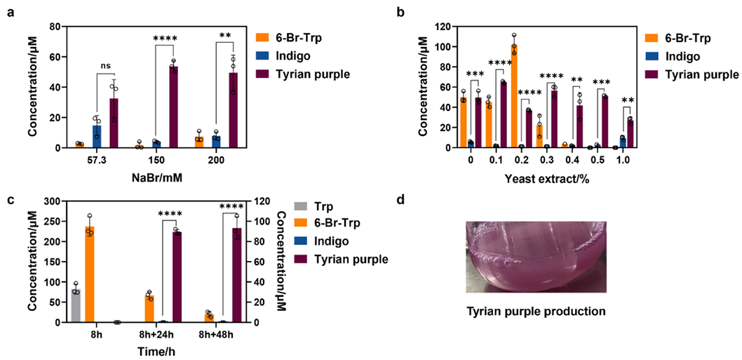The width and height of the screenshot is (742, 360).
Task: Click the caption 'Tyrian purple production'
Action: (x=535, y=311)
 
